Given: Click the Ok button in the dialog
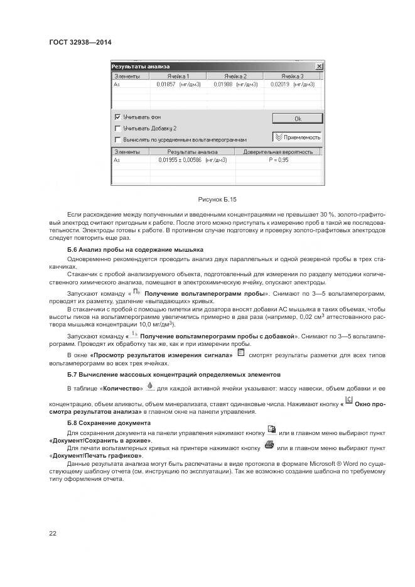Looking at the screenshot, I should [x=298, y=118].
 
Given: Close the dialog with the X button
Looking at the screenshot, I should [x=319, y=66].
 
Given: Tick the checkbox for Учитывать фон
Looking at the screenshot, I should [x=117, y=117].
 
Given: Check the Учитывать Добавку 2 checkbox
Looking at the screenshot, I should [x=117, y=128].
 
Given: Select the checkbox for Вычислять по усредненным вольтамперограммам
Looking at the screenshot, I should [x=117, y=139].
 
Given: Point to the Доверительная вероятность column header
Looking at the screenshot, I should [x=277, y=152].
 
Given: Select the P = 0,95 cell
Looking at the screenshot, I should [x=277, y=160].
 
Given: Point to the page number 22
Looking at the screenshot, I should [x=53, y=533].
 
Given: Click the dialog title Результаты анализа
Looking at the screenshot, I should [x=140, y=66].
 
